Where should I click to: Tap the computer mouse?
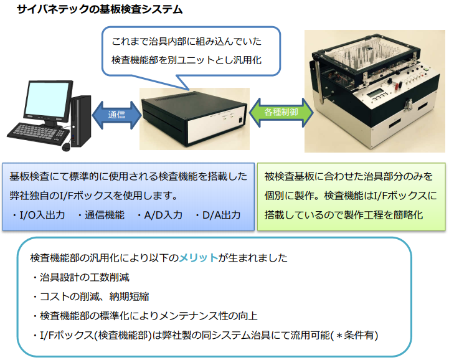[x=66, y=146]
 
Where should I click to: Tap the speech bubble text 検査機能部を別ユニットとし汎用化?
[x=186, y=60]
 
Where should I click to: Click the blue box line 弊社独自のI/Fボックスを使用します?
[x=93, y=196]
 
